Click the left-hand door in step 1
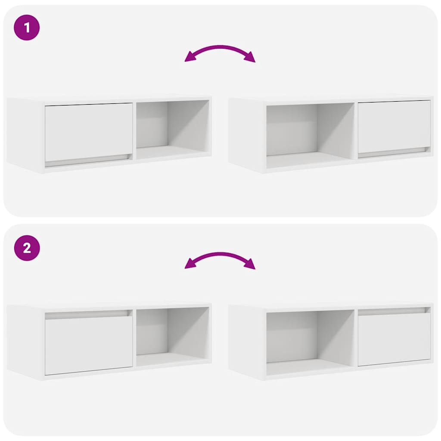89,132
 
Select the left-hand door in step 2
89,345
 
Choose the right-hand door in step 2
394,339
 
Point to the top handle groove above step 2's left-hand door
89,315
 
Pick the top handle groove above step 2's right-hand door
394,310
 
